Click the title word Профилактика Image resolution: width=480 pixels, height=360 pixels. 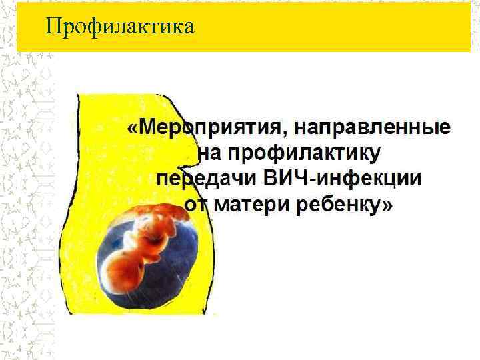coord(119,27)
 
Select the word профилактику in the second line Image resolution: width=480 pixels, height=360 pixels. coord(304,154)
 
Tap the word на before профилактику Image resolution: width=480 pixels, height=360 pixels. coord(211,154)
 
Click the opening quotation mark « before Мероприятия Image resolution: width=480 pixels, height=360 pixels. coord(134,128)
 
